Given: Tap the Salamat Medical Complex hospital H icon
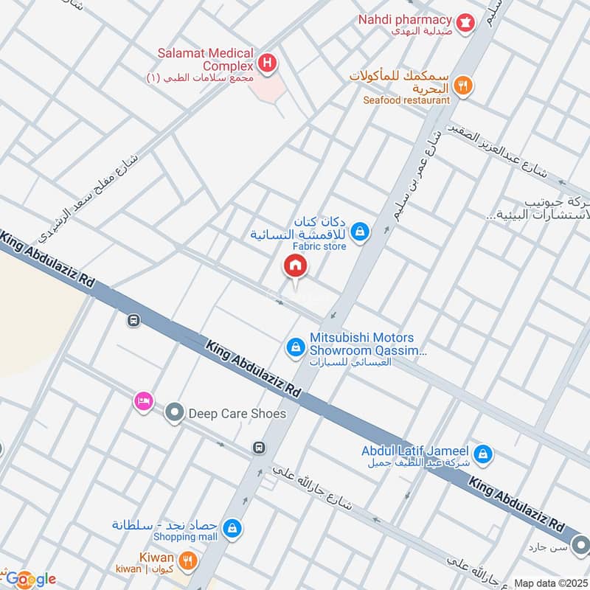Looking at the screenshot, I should click(x=268, y=63).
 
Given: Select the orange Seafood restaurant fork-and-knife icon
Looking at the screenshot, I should click(x=462, y=86).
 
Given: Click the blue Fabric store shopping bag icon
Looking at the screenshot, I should click(x=359, y=232).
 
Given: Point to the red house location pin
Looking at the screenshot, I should click(x=295, y=265).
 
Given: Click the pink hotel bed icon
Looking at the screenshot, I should click(x=143, y=400).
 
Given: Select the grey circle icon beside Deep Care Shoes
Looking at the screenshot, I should click(x=174, y=414).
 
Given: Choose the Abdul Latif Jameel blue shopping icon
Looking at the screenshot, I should click(x=482, y=453).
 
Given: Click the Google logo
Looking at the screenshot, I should click(x=31, y=579).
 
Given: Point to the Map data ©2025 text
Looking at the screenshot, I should click(x=549, y=583).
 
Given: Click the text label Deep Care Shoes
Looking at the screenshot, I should click(x=237, y=414).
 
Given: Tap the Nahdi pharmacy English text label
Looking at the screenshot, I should click(x=405, y=19).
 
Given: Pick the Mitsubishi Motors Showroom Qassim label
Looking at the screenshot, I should click(x=368, y=344).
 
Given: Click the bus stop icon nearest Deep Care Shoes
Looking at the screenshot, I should click(x=259, y=447).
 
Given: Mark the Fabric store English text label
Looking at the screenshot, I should click(x=319, y=247).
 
